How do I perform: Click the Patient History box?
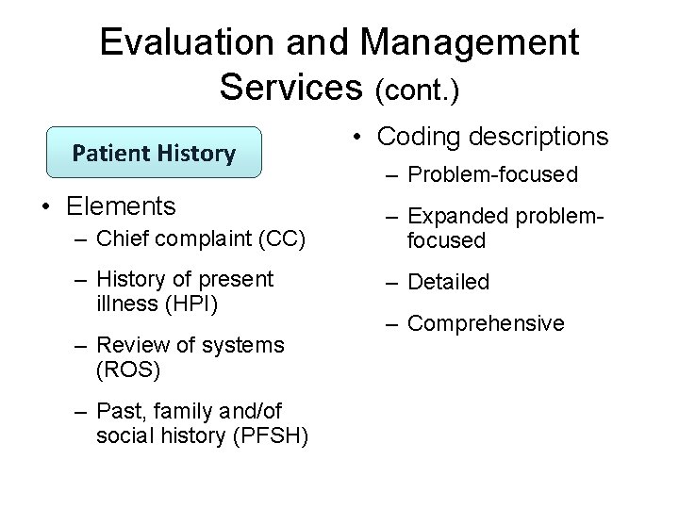[155, 153]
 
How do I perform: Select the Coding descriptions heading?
[492, 137]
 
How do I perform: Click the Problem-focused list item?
[492, 176]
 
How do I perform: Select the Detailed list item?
[448, 282]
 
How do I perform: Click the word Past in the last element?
[117, 412]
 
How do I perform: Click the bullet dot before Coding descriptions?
[359, 138]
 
